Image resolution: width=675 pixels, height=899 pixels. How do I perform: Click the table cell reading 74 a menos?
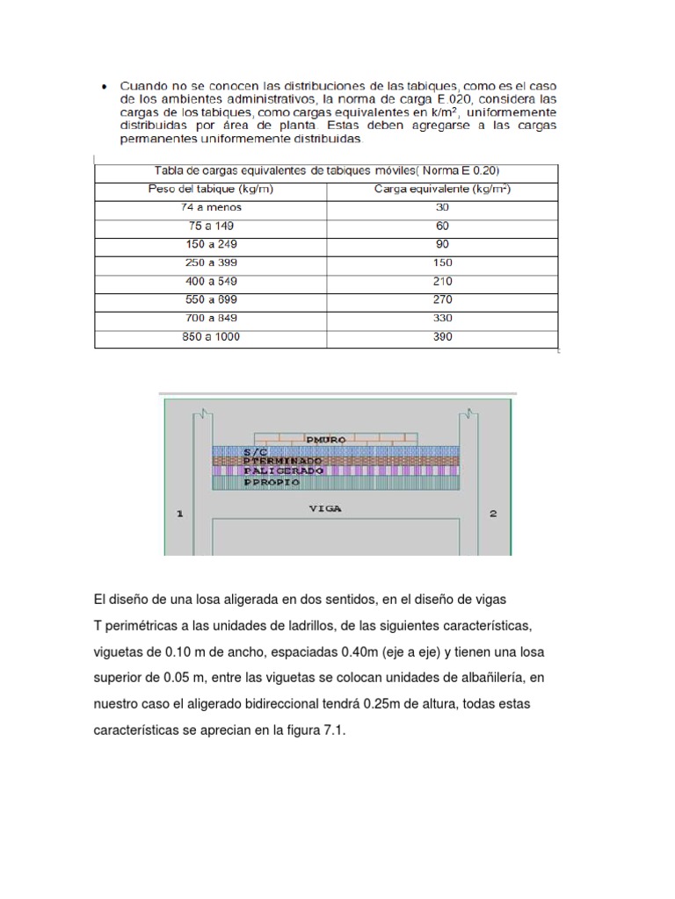pyautogui.click(x=211, y=207)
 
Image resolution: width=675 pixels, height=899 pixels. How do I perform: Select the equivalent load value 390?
pyautogui.click(x=442, y=336)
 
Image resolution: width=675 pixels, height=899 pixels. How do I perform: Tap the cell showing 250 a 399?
pyautogui.click(x=211, y=263)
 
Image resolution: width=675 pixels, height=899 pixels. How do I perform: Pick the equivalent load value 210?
pyautogui.click(x=442, y=281)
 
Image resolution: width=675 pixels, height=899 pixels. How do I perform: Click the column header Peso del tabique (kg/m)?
pyautogui.click(x=211, y=189)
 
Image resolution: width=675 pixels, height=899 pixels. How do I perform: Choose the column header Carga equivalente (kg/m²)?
pyautogui.click(x=442, y=189)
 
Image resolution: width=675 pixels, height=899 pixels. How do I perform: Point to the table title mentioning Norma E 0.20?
pyautogui.click(x=325, y=170)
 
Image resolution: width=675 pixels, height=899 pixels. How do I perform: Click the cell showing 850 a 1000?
pyautogui.click(x=211, y=336)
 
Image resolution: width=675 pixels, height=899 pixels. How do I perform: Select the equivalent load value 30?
pyautogui.click(x=442, y=207)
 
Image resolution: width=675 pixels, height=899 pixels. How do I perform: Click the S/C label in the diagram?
pyautogui.click(x=230, y=450)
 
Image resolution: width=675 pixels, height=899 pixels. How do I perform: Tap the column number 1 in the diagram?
pyautogui.click(x=180, y=514)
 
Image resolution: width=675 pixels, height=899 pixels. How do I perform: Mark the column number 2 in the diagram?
pyautogui.click(x=493, y=514)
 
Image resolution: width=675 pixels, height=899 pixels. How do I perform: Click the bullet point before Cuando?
pyautogui.click(x=105, y=86)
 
